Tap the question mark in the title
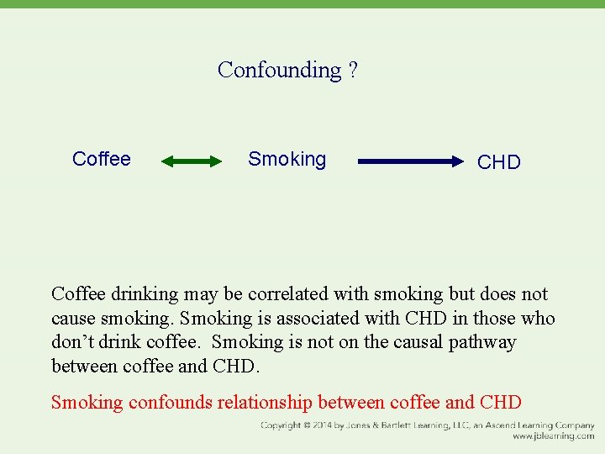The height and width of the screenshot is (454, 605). [x=352, y=70]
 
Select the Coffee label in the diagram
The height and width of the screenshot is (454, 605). [x=102, y=159]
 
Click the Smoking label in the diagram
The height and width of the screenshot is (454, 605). [x=287, y=159]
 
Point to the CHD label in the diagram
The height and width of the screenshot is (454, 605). [x=499, y=162]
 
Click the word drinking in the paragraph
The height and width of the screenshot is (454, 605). [x=144, y=294]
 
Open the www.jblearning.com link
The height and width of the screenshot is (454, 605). [x=554, y=436]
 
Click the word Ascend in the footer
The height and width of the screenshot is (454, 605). [x=504, y=425]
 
